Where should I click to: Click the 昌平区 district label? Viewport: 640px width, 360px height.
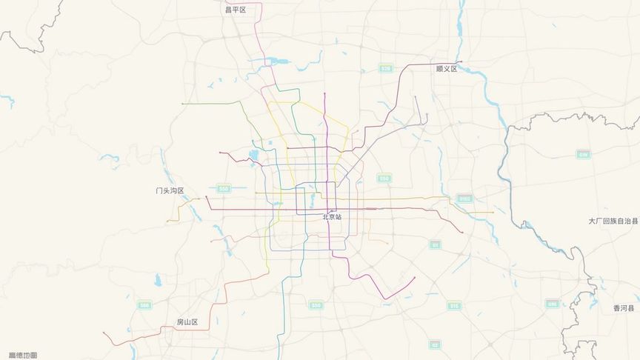[235, 10]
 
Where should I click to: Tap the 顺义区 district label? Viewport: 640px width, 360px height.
[447, 69]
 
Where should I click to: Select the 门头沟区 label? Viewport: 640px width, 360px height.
[170, 190]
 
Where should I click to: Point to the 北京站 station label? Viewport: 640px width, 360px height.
[333, 217]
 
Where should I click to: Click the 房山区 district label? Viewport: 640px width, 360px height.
[187, 322]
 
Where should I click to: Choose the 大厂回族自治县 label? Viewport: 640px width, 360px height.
[613, 221]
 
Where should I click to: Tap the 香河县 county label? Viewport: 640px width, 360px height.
[625, 308]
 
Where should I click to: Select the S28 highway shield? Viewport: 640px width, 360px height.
[385, 68]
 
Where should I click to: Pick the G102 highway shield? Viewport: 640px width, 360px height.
[465, 199]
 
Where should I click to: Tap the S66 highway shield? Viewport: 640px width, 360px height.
[144, 305]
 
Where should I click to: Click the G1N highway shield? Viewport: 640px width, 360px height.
[584, 154]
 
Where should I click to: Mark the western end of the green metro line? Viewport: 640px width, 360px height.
[182, 104]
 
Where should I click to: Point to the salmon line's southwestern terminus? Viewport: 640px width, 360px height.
[104, 333]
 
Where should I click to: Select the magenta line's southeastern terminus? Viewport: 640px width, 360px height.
[415, 279]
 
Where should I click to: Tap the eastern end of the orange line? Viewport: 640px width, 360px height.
[493, 213]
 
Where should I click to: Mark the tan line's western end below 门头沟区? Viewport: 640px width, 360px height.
[168, 221]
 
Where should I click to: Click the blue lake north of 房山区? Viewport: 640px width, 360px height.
[158, 280]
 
